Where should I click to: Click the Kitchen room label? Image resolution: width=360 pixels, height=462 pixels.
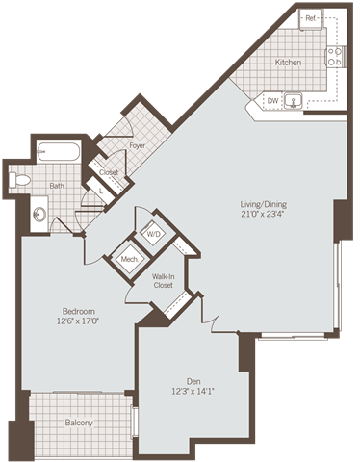coord(289,63)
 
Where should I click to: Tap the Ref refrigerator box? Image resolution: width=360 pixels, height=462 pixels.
coord(312,18)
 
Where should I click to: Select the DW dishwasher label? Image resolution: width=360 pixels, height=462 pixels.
coord(272,98)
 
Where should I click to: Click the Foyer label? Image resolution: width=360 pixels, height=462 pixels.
coord(137,145)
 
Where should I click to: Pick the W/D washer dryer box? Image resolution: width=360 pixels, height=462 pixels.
coord(153,234)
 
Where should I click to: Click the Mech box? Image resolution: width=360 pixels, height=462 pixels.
coord(127,258)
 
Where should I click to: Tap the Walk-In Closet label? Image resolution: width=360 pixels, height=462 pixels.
coord(163,281)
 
